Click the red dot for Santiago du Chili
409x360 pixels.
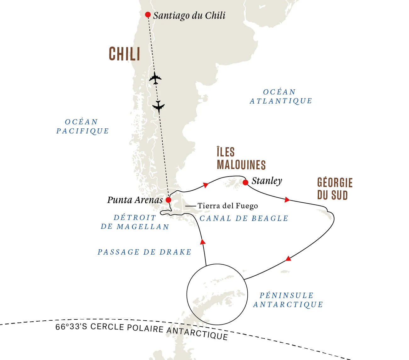pos(148,15)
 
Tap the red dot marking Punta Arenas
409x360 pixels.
pos(168,200)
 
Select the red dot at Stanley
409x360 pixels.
pos(246,183)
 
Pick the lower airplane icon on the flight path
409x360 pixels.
pos(158,106)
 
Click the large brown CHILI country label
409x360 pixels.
pos(124,54)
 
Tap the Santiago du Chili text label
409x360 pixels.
pos(189,15)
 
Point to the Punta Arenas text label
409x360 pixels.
pos(135,200)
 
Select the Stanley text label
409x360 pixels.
pos(267,181)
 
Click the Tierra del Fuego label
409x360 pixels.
pos(227,206)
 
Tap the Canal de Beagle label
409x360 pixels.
pos(244,218)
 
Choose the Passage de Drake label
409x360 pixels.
pos(144,252)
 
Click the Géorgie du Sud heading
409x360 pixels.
pos(334,189)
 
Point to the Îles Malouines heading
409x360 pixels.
pos(241,159)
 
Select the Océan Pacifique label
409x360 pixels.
pos(82,127)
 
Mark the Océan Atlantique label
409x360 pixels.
pos(281,96)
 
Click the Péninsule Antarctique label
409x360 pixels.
pos(288,300)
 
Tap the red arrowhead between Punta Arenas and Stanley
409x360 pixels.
pos(206,185)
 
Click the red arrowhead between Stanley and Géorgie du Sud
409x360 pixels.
pos(287,200)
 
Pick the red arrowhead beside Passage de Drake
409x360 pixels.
pos(203,242)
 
